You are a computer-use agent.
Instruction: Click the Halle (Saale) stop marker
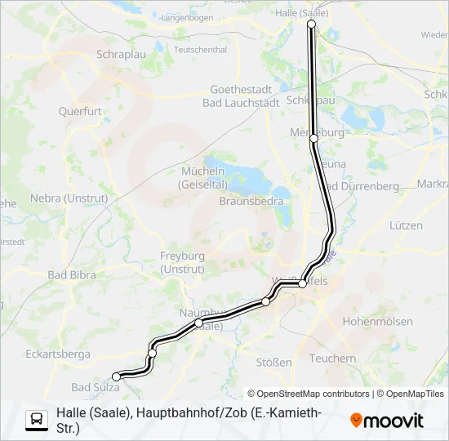click(311, 24)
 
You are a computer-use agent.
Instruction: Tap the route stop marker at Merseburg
click(313, 139)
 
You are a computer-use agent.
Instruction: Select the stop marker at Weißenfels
click(302, 283)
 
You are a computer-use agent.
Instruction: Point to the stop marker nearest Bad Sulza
click(116, 376)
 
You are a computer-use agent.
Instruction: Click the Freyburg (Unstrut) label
click(182, 261)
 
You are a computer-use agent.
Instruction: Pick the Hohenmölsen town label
click(380, 322)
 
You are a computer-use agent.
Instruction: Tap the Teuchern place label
click(333, 358)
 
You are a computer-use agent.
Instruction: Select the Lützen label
click(406, 225)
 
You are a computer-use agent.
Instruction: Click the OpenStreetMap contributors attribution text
click(309, 394)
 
